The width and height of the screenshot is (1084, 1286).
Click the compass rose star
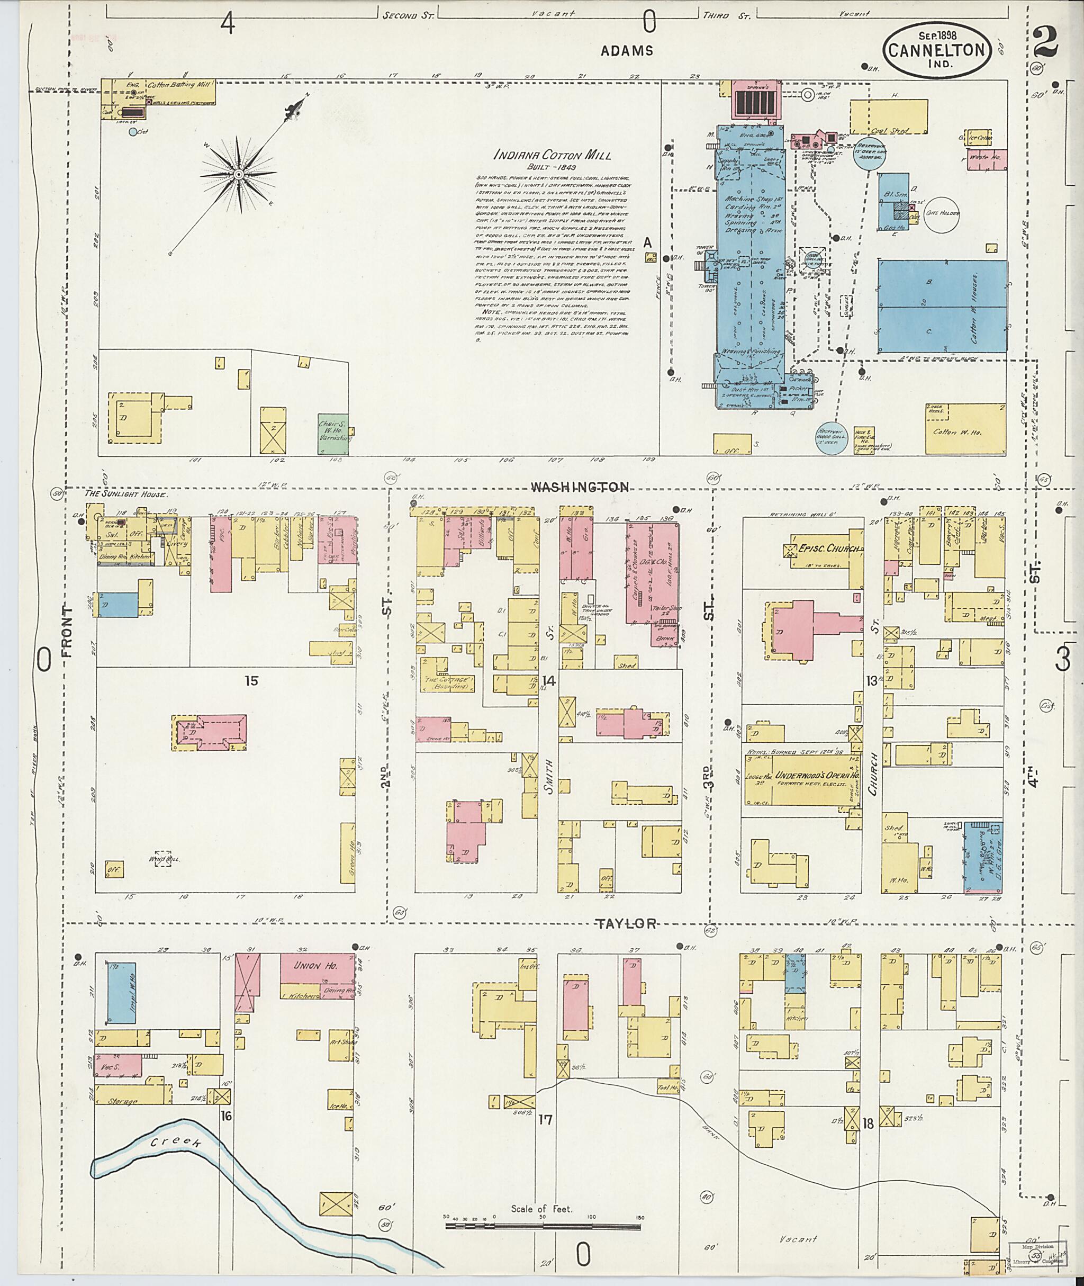tap(244, 175)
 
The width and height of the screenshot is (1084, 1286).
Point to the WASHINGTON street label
tap(580, 487)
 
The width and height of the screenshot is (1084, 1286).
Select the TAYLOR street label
tap(627, 923)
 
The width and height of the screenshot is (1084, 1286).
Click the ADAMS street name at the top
tap(627, 51)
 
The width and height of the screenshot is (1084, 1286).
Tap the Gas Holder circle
tap(942, 214)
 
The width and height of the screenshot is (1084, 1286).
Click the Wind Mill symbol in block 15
tap(163, 859)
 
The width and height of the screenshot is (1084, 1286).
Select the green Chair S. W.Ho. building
tap(332, 434)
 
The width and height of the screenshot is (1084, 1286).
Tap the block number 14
tap(549, 680)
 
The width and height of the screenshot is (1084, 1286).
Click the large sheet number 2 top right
tap(1045, 43)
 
